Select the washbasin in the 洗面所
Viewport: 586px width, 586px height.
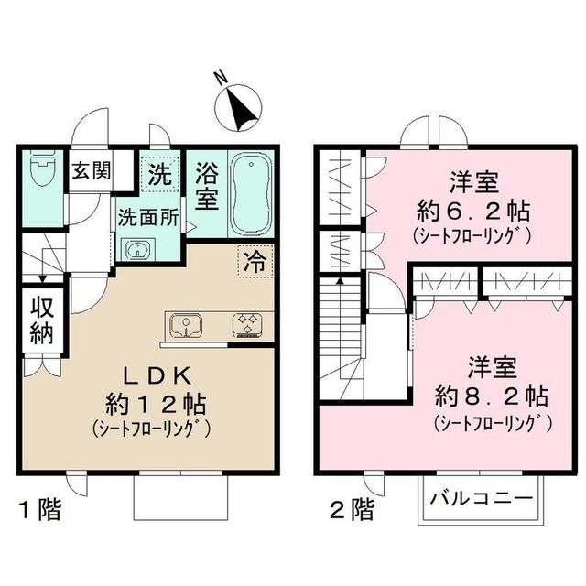click(137, 249)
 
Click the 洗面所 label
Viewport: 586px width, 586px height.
click(147, 219)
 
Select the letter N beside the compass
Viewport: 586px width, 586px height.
click(221, 80)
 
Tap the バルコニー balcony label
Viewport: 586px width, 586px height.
click(480, 501)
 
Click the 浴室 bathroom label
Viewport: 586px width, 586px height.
click(207, 183)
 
